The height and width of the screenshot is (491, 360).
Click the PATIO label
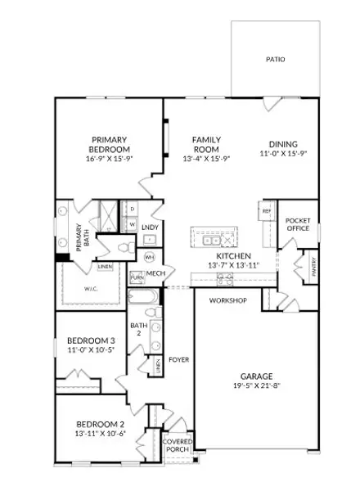(x=275, y=59)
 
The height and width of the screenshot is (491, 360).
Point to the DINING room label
(x=283, y=144)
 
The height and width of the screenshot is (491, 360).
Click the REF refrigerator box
(x=266, y=211)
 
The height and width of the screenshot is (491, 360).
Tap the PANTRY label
(x=312, y=266)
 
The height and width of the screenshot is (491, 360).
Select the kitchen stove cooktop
(x=224, y=280)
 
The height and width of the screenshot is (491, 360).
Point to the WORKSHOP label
(x=227, y=301)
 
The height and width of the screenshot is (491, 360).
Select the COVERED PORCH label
(x=178, y=445)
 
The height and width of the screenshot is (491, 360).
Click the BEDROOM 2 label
(x=100, y=423)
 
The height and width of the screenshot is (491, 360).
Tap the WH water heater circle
(x=149, y=257)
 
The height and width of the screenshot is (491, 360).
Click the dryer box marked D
(x=133, y=209)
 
